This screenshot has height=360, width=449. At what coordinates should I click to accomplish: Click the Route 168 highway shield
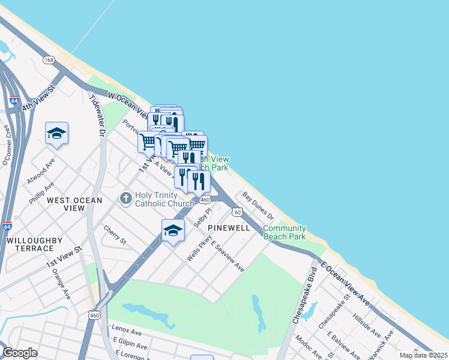pos(49,59)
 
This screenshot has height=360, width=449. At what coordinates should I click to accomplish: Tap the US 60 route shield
pos(238,212)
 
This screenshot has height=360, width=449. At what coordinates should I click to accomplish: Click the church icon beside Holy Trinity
pos(125,197)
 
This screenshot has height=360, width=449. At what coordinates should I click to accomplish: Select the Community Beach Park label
pos(285,232)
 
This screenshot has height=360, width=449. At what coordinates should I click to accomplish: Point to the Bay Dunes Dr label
pos(258,205)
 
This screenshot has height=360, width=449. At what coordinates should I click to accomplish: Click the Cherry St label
pos(115,235)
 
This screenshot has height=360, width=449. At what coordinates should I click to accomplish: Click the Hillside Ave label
pos(366,325)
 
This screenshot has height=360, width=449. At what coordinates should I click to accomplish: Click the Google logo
pos(20,353)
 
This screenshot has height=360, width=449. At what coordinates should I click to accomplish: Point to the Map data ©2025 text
pos(423,355)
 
